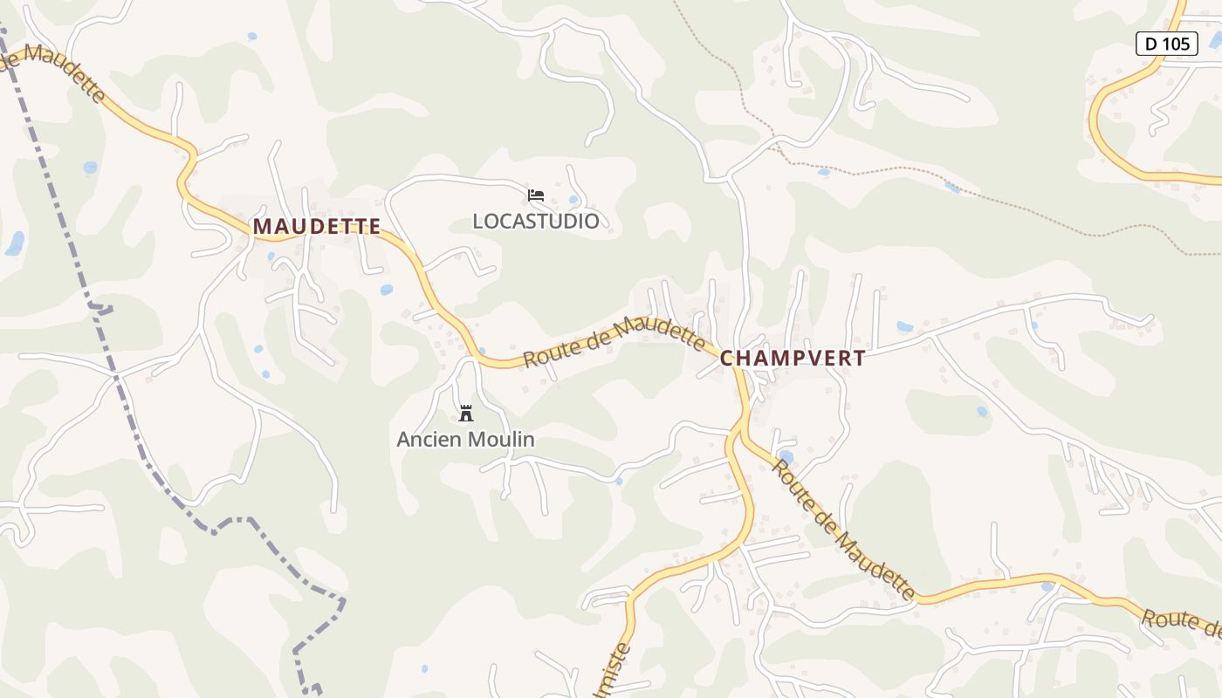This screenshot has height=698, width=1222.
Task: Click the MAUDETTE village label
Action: tap(317, 227)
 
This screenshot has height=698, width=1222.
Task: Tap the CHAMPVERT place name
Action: tap(793, 359)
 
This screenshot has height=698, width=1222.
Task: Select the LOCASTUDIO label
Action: tap(536, 222)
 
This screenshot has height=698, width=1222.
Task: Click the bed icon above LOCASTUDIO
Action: tap(536, 195)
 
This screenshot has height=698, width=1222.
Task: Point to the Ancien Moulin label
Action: tap(465, 440)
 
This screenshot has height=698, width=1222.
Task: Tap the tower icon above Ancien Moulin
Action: tap(466, 413)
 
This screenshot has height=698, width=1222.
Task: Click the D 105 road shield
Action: tap(1166, 44)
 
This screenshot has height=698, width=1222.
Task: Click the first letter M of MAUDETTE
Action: tap(261, 227)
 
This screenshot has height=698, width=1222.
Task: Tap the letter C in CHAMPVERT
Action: tap(727, 359)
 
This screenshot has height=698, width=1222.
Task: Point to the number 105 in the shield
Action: tap(1177, 44)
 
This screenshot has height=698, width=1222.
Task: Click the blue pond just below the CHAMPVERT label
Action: tap(786, 456)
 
